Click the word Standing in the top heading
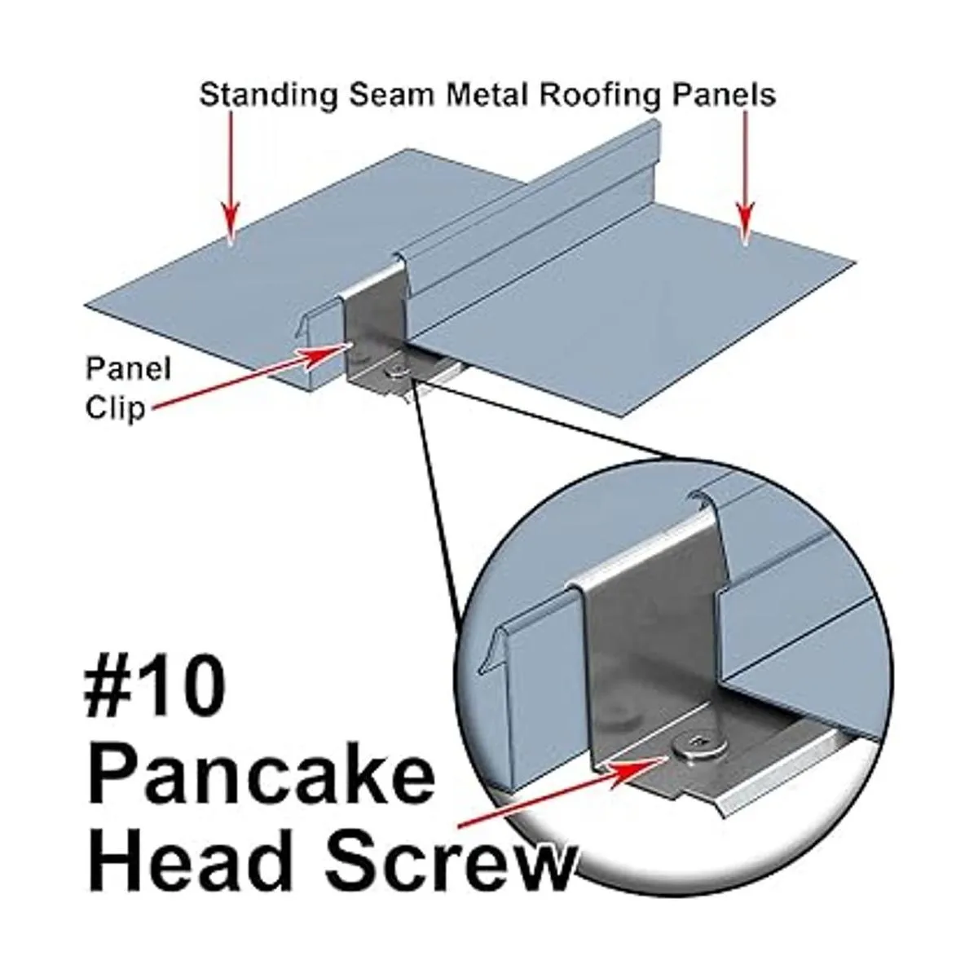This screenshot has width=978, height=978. (268, 95)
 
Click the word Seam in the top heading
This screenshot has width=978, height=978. (392, 95)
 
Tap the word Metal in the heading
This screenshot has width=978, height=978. (488, 95)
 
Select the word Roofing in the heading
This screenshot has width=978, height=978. (600, 95)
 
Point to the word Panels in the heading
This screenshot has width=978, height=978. (724, 95)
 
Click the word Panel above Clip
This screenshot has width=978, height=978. (129, 368)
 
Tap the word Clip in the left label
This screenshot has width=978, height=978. (115, 408)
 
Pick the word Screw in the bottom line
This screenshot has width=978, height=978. (452, 864)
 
